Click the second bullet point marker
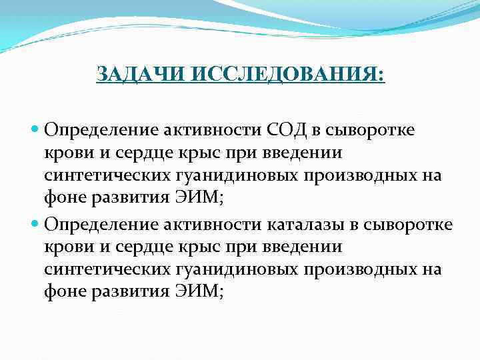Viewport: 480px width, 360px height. (x=36, y=223)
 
